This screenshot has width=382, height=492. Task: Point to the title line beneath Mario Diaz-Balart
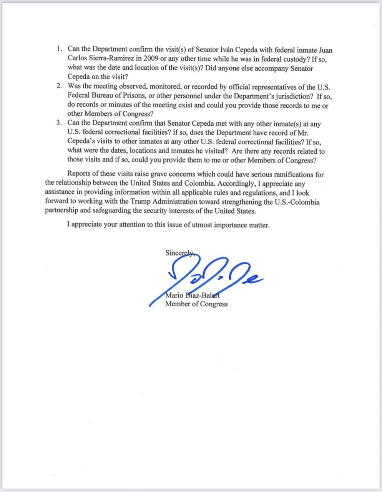coord(196,304)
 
